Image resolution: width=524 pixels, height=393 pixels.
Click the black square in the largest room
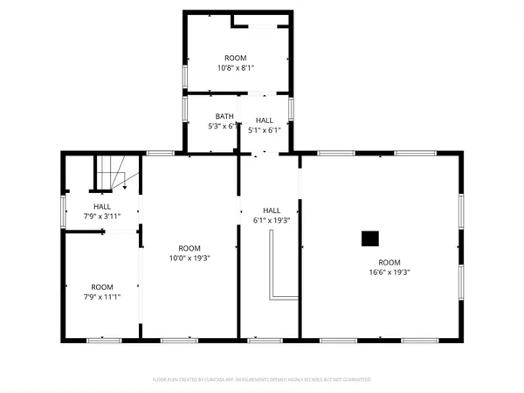coord(370,238)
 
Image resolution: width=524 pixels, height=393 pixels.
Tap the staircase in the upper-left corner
coord(117,173)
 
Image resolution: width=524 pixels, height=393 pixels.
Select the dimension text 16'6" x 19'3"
coord(389,272)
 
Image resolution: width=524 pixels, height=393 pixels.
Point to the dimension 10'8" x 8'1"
coord(236,67)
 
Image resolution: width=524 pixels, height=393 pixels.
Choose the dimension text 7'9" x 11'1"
coord(102,297)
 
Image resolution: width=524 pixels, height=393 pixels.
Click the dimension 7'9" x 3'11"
coord(102,216)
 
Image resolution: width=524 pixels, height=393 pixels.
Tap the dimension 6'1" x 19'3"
coord(272,221)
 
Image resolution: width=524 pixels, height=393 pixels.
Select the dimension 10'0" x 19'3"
coord(190,258)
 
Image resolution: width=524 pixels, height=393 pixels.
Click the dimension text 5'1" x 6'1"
coord(265,130)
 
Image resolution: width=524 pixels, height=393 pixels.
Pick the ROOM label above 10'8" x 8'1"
coord(236,58)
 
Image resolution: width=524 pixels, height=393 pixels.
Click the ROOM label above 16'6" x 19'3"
coord(389,263)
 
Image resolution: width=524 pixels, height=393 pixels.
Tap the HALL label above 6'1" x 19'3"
coord(272,210)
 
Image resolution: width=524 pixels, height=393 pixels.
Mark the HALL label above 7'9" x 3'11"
coord(102,206)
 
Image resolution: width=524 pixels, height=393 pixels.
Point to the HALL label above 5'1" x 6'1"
coord(265,121)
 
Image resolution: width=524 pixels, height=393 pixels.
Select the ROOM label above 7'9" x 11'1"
coord(102,287)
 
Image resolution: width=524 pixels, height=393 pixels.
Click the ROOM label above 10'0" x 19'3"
coord(190,248)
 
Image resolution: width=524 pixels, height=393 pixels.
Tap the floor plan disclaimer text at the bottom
coord(261,380)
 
